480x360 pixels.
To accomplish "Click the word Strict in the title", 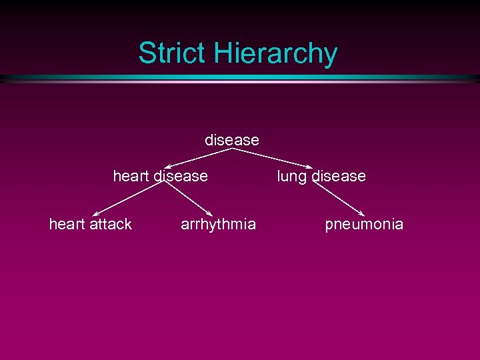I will click(x=172, y=53).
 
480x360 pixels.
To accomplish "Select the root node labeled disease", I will click(x=231, y=140).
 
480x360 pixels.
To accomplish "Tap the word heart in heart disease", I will click(x=131, y=176).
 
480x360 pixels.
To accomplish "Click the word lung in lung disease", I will click(x=291, y=177).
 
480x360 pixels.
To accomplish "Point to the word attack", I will click(x=111, y=224).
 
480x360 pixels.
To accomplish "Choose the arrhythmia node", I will click(x=218, y=225).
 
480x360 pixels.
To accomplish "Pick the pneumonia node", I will click(x=364, y=225).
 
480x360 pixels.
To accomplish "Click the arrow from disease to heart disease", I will click(x=200, y=157).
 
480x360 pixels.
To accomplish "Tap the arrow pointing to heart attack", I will click(x=127, y=198).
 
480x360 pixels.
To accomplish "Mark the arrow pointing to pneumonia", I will click(x=339, y=198).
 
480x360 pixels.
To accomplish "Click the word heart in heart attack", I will click(x=67, y=224).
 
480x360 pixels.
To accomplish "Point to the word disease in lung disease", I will click(x=338, y=176).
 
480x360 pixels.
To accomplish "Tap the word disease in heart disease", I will click(x=181, y=176).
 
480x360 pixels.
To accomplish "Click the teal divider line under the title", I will click(x=240, y=78).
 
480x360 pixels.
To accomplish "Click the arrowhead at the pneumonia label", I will click(x=361, y=213).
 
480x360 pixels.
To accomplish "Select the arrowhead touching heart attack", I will click(x=95, y=213).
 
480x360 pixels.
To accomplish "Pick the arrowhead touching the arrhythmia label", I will click(x=211, y=213).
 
